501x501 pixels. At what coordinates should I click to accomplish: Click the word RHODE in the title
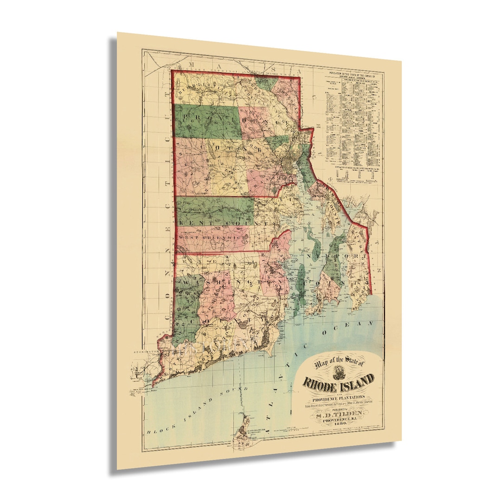(x=322, y=383)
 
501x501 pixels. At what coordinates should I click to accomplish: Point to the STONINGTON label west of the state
(x=145, y=352)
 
